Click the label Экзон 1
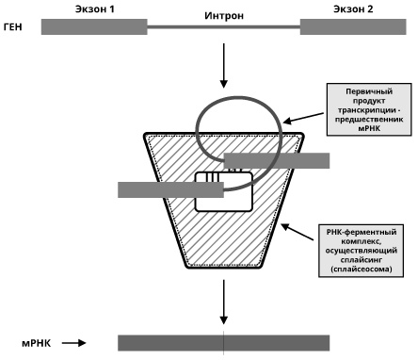point(95,9)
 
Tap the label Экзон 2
point(353,9)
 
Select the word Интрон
point(224,15)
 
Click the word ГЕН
point(13,27)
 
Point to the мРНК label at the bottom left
point(37,343)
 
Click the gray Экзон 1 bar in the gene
point(94,26)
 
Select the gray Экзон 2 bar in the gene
point(353,26)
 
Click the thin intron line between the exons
point(224,27)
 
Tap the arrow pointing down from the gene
point(224,66)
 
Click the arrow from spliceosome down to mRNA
point(224,302)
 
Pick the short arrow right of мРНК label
point(73,343)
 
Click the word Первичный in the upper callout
point(369,91)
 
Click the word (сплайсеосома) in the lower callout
point(362,270)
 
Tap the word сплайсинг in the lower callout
point(362,260)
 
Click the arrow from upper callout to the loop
point(303,118)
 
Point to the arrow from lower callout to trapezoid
point(297,232)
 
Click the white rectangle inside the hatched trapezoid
point(224,191)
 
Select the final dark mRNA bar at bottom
point(224,343)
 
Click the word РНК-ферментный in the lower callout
point(362,232)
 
